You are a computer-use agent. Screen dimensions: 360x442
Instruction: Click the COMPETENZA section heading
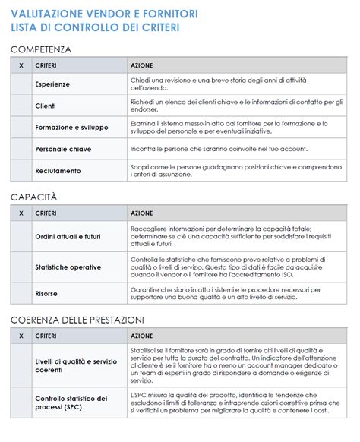41,49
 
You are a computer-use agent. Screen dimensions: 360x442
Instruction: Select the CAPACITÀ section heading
34,197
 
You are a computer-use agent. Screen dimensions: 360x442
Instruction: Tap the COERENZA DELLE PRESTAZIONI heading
77,320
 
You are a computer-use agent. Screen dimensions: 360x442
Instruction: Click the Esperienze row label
52,84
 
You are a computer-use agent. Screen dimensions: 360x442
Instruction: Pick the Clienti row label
46,106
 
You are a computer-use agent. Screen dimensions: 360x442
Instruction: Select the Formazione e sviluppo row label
72,128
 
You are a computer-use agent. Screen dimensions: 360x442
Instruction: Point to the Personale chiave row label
63,150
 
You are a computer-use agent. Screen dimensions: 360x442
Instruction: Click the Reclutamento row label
58,171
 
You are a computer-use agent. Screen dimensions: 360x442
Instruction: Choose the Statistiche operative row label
68,267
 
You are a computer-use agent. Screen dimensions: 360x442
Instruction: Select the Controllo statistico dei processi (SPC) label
71,403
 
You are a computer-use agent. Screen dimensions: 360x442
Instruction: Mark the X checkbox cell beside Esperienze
21,84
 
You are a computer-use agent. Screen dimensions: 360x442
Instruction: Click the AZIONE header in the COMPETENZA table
141,66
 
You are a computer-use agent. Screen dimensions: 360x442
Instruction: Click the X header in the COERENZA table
21,336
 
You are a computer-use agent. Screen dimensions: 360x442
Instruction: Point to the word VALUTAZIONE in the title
48,12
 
